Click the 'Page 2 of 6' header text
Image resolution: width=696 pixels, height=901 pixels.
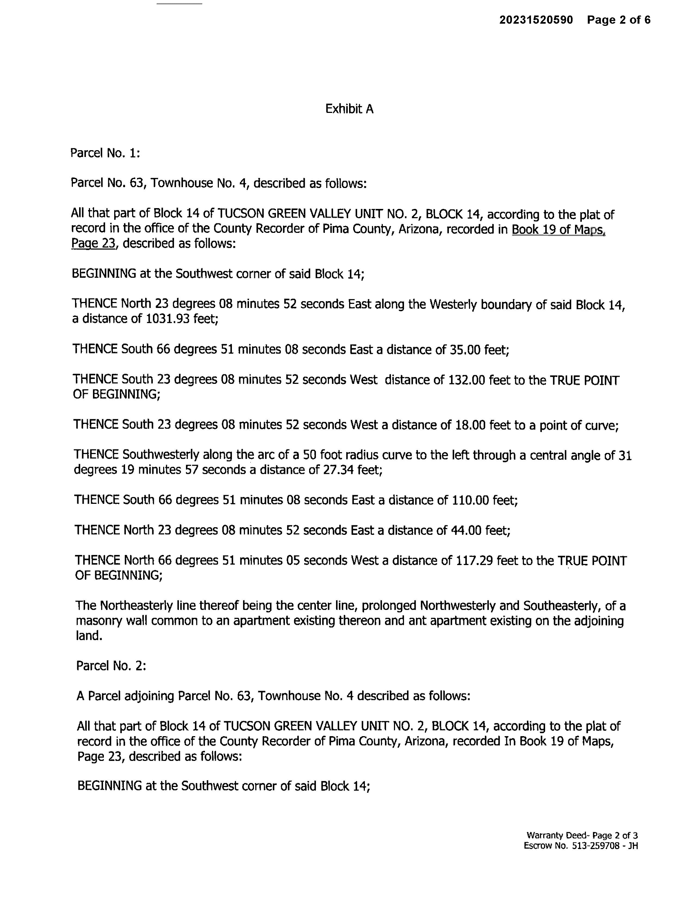point(619,20)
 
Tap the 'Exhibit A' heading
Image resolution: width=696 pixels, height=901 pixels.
point(349,109)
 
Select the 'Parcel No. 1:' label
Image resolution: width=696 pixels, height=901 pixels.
point(105,153)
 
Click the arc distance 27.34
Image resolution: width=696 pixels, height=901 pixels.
point(338,470)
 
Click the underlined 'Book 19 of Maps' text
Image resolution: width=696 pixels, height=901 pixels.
point(558,229)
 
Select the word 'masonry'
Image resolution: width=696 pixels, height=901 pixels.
point(99,621)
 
